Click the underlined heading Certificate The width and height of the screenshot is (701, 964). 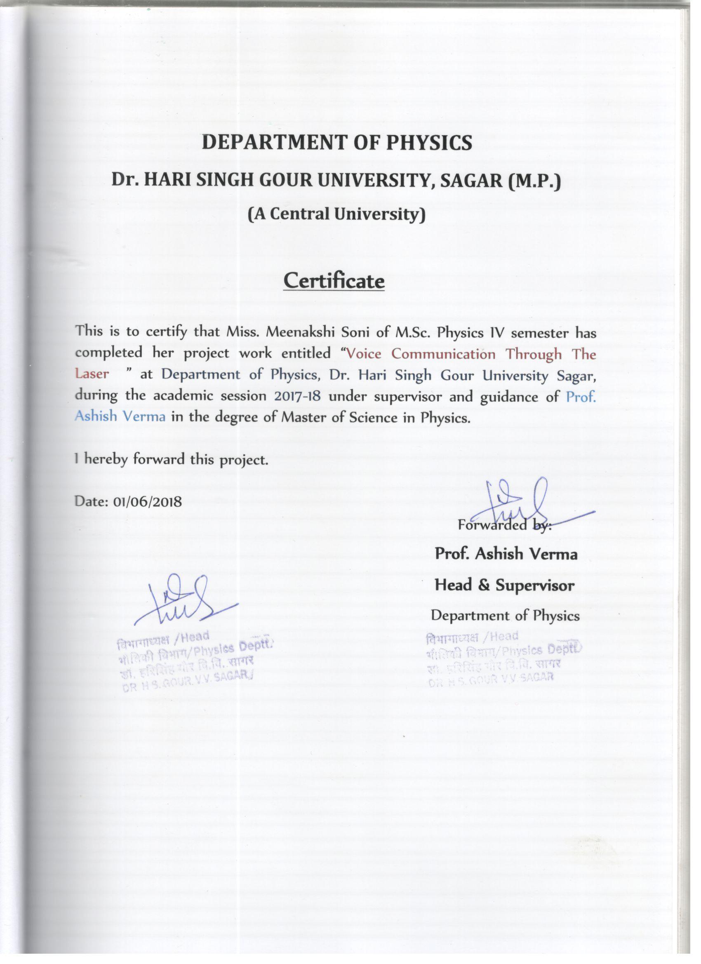[334, 280]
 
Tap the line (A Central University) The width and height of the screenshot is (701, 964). [336, 214]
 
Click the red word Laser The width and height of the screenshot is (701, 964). [92, 374]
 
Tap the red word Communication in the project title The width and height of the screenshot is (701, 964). [443, 354]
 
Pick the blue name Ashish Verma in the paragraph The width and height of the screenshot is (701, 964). [120, 416]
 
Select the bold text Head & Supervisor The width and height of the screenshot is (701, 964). [504, 585]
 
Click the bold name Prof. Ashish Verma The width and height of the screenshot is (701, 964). [506, 554]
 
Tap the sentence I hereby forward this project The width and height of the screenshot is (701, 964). [171, 459]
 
